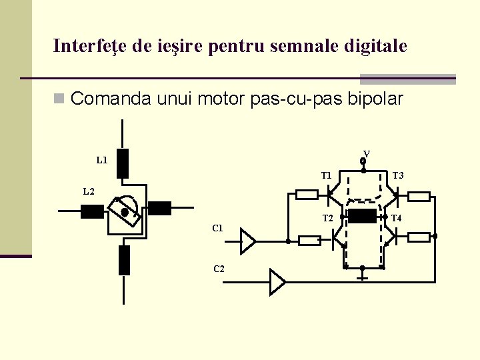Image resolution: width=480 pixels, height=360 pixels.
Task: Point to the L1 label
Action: (102, 160)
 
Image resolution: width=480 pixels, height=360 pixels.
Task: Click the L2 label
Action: (89, 192)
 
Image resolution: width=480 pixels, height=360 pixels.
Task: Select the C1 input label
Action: (217, 229)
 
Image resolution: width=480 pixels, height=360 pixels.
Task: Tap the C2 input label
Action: (219, 269)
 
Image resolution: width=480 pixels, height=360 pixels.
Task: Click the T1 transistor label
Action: (327, 176)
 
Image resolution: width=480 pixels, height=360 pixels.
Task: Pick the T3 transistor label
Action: (398, 176)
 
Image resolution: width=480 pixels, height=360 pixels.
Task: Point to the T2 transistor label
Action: (327, 218)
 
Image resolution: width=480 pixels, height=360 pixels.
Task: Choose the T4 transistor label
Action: (396, 218)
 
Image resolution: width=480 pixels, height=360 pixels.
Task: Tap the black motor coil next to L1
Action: (123, 163)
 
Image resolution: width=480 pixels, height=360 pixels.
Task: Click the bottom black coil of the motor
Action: (124, 260)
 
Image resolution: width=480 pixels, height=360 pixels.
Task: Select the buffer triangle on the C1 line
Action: (248, 241)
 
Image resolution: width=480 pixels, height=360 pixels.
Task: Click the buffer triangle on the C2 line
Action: (277, 282)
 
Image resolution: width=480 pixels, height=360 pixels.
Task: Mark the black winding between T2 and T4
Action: (362, 216)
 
